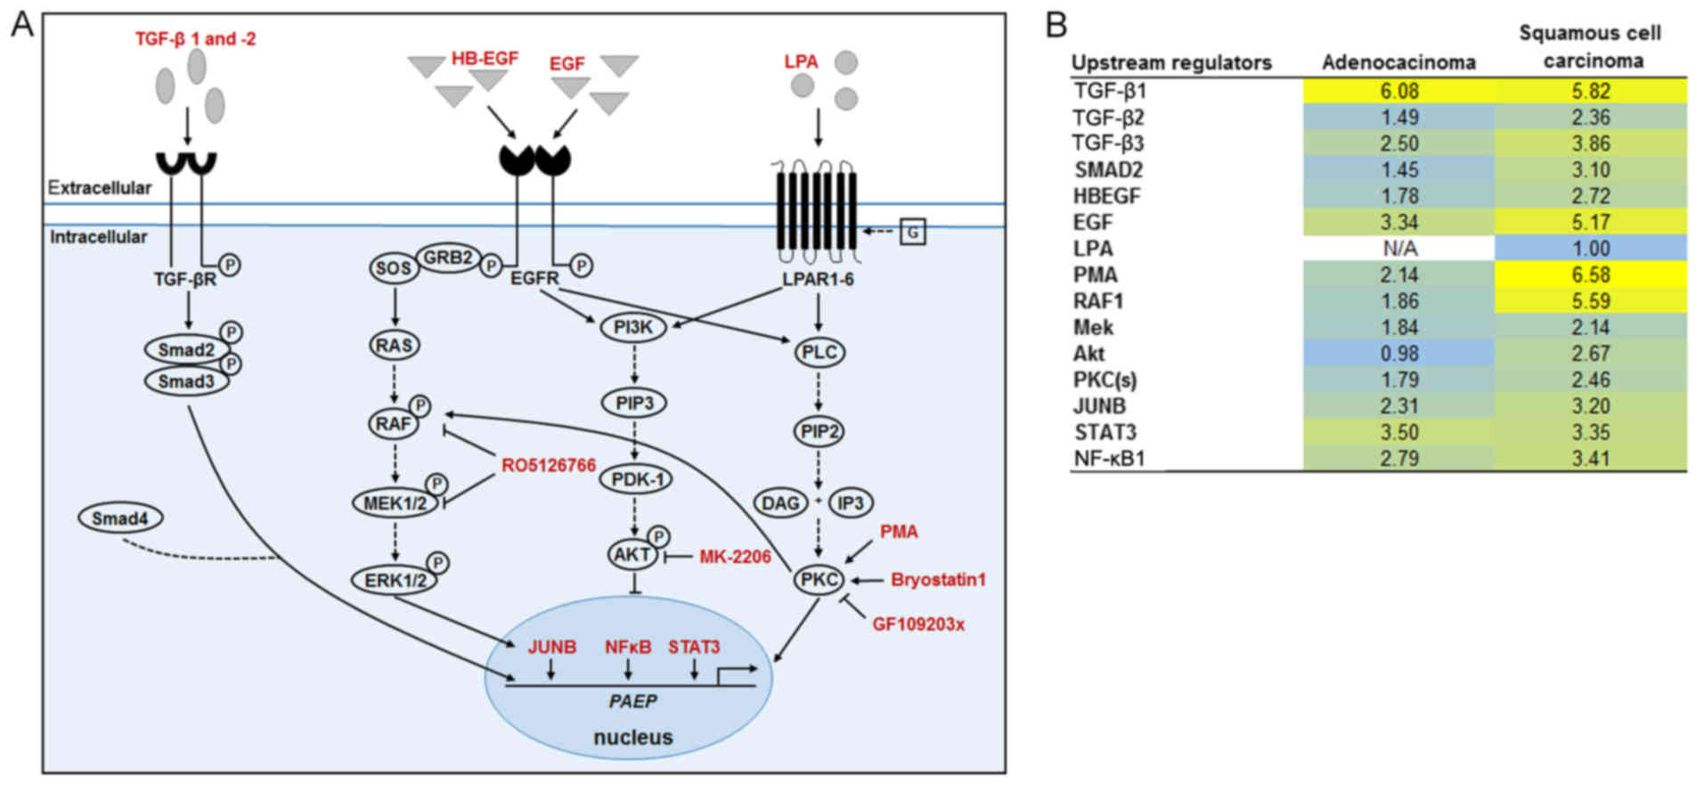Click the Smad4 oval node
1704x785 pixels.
click(x=120, y=518)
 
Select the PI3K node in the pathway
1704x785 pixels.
click(x=633, y=328)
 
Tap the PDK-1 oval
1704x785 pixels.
click(x=636, y=479)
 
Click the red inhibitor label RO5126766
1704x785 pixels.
click(x=549, y=465)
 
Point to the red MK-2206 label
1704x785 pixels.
click(x=735, y=557)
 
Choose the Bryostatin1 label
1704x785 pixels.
click(x=938, y=580)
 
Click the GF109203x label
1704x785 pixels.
click(x=918, y=625)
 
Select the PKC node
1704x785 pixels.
click(x=819, y=580)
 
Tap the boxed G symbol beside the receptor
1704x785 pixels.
click(x=913, y=233)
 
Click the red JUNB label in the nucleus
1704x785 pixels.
click(x=551, y=647)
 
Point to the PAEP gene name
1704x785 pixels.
click(x=632, y=702)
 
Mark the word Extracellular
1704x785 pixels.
click(x=100, y=188)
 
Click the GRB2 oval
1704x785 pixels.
click(x=448, y=258)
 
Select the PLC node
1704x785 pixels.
click(x=819, y=352)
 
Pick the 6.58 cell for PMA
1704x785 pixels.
click(x=1591, y=274)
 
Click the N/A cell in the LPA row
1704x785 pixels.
click(x=1399, y=249)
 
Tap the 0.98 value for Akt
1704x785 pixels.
click(x=1399, y=354)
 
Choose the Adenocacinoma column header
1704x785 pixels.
click(x=1398, y=62)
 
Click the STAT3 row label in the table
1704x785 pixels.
click(x=1105, y=433)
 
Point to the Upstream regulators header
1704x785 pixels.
click(x=1171, y=62)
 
